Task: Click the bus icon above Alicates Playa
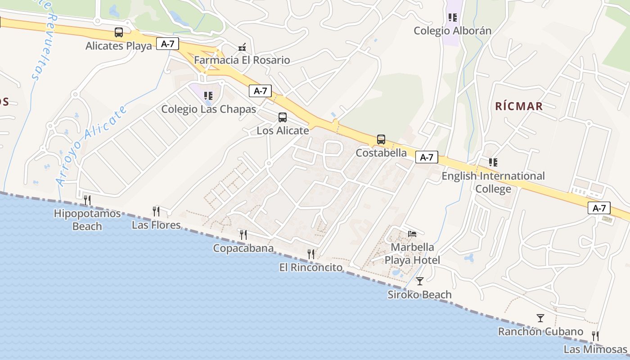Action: point(119,32)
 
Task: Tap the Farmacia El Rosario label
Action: point(242,60)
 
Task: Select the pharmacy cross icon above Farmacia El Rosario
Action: point(242,47)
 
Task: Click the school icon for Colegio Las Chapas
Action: point(208,95)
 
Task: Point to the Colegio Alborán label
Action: point(452,31)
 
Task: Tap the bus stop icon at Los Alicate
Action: point(283,117)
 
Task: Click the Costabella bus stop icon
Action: point(381,139)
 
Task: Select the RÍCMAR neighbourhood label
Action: point(519,106)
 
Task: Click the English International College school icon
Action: point(493,162)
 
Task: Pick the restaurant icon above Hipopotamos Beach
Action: point(87,200)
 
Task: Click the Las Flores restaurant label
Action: point(156,225)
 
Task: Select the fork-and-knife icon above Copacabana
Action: point(243,234)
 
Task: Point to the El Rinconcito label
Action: point(310,267)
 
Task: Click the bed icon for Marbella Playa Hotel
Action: point(412,234)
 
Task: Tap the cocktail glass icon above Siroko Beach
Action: point(420,281)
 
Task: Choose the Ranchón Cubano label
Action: point(540,332)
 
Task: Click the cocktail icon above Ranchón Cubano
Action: point(540,318)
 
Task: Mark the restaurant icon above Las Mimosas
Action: point(595,336)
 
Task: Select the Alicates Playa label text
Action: point(119,46)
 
